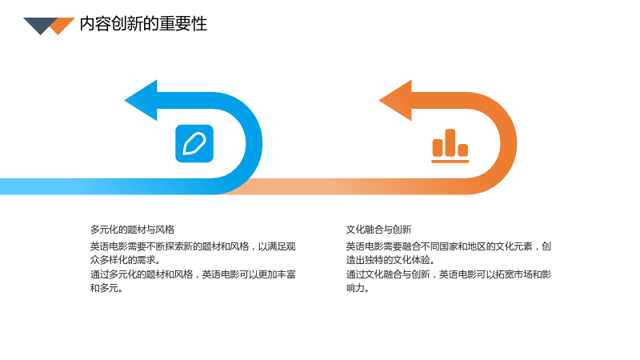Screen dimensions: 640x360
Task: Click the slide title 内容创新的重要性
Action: (x=143, y=24)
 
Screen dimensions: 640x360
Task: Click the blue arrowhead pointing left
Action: (x=142, y=101)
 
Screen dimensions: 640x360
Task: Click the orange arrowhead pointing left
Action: (x=396, y=101)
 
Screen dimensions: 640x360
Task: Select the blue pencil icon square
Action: (x=194, y=144)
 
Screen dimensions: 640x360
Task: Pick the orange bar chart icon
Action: (x=450, y=146)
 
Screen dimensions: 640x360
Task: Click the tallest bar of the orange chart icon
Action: (x=450, y=142)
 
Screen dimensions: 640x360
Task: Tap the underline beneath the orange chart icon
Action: (x=450, y=162)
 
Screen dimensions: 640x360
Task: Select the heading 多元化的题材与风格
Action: (x=132, y=230)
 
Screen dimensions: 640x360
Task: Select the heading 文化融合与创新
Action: (x=378, y=230)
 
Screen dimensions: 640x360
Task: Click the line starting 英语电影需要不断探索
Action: (x=193, y=246)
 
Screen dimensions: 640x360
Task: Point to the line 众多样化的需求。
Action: (x=126, y=259)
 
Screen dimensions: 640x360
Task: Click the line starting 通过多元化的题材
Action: (x=193, y=274)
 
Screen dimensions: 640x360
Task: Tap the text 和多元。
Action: (x=106, y=288)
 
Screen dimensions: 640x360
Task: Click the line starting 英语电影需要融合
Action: (x=449, y=246)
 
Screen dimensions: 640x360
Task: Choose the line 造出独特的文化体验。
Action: (x=390, y=259)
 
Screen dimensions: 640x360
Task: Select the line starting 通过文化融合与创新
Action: (x=449, y=274)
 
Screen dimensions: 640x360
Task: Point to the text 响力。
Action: (x=358, y=288)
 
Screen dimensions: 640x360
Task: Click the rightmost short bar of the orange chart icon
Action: (x=463, y=150)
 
